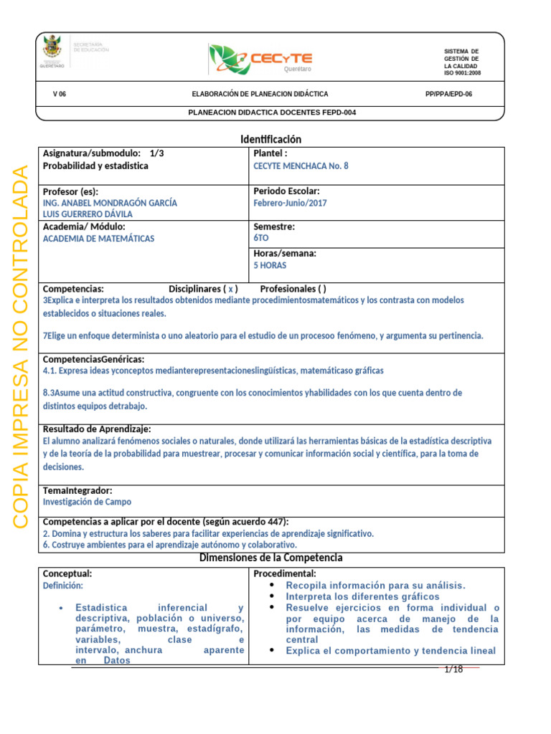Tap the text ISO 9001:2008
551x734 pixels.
(x=462, y=73)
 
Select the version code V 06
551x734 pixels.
(x=60, y=94)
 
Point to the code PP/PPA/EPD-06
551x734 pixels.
(x=448, y=94)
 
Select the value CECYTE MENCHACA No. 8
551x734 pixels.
(x=301, y=166)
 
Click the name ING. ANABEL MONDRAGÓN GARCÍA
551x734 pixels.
(x=110, y=203)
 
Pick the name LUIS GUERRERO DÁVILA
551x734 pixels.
(x=88, y=214)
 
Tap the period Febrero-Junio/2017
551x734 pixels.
(x=291, y=203)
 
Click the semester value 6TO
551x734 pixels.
(x=261, y=239)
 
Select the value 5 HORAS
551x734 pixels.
(x=270, y=265)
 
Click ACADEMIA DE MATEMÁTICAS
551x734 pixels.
(x=98, y=239)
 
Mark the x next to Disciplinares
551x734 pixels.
(x=230, y=289)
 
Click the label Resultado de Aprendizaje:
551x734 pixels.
(x=97, y=428)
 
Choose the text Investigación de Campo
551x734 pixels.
(x=87, y=502)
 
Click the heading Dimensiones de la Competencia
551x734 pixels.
(x=270, y=558)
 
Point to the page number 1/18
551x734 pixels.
(x=453, y=669)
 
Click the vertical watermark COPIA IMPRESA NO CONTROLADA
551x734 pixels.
(x=22, y=347)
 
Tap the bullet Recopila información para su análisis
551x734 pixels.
(x=375, y=585)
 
